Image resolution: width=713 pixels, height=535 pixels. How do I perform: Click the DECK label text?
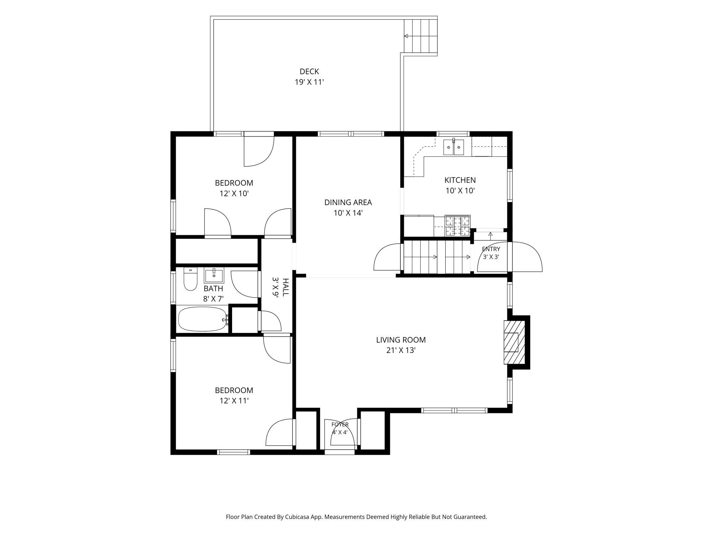tap(309, 71)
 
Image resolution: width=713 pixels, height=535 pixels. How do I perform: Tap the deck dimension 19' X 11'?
tap(309, 82)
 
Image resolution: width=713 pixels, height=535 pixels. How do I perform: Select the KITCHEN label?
tap(460, 180)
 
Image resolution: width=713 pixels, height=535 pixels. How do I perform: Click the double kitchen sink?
tap(454, 147)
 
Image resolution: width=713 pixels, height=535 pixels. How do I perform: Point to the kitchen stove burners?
tap(458, 226)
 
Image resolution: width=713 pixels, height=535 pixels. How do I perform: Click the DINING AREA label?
tap(348, 202)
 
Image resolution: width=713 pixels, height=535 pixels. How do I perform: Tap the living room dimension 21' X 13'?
tap(401, 350)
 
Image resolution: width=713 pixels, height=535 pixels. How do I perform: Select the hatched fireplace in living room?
tap(514, 342)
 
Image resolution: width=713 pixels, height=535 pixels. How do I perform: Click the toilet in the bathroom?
tap(191, 279)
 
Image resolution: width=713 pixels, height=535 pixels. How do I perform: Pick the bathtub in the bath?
tap(203, 319)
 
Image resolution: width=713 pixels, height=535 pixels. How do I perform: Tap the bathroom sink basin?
tap(214, 275)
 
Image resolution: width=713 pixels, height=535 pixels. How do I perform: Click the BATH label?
tap(213, 289)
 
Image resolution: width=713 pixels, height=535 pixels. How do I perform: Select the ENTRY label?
tap(491, 249)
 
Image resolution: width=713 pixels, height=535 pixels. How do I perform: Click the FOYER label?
tap(340, 425)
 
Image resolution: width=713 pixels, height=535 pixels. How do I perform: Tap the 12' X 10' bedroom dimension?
tap(234, 194)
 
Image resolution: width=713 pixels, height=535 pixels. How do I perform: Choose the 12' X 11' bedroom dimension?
tap(234, 401)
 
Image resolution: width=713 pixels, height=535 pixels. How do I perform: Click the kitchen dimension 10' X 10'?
tap(460, 191)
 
